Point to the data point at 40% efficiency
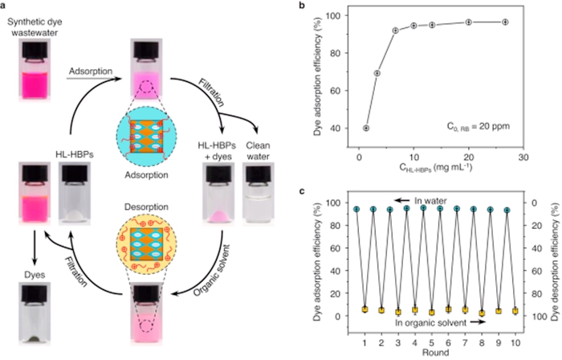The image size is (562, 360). click(x=366, y=129)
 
